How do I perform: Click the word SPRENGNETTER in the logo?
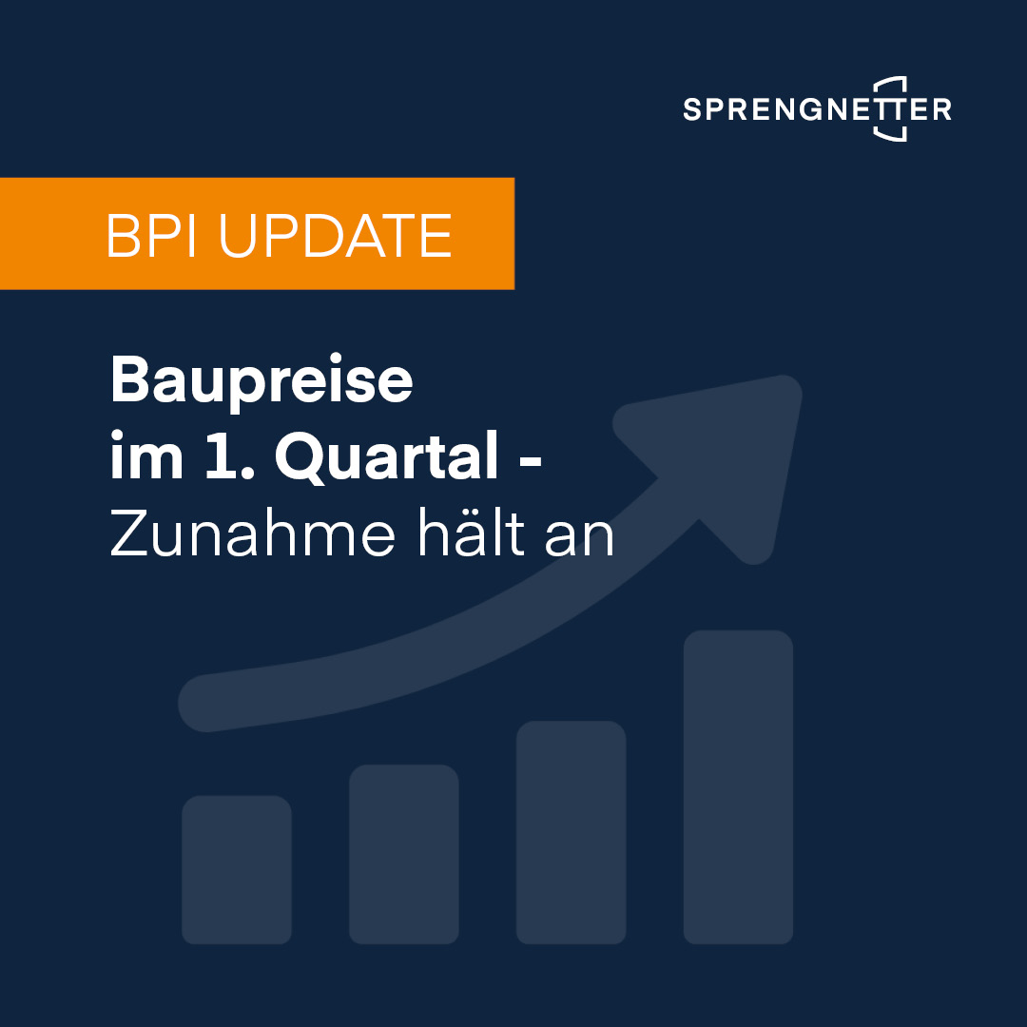[816, 109]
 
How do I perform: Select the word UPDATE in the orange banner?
[335, 236]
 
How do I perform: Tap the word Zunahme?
[251, 535]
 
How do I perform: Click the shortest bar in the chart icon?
[236, 869]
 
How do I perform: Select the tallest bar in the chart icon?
[738, 786]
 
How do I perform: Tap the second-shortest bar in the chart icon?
[403, 853]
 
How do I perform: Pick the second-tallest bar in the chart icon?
[571, 832]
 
